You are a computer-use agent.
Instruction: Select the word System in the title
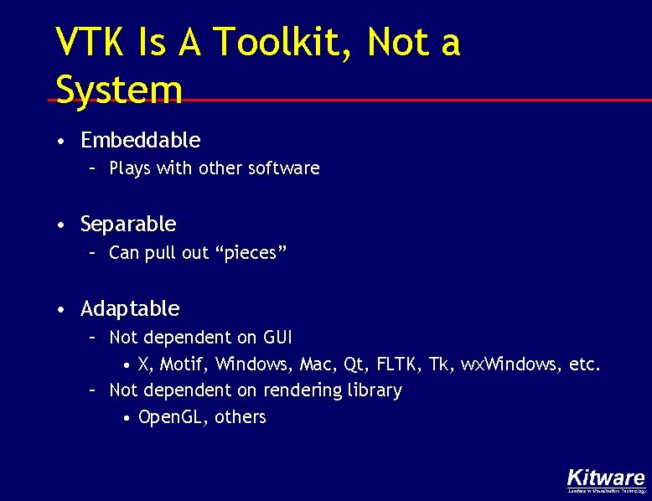(118, 89)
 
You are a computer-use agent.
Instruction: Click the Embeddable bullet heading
(140, 140)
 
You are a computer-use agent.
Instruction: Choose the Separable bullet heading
(128, 225)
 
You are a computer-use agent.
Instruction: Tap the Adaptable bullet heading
(130, 309)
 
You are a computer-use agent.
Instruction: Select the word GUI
(277, 338)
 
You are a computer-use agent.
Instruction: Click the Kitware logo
(606, 480)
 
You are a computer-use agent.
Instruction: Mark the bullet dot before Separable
(62, 225)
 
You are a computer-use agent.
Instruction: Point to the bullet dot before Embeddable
(62, 141)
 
